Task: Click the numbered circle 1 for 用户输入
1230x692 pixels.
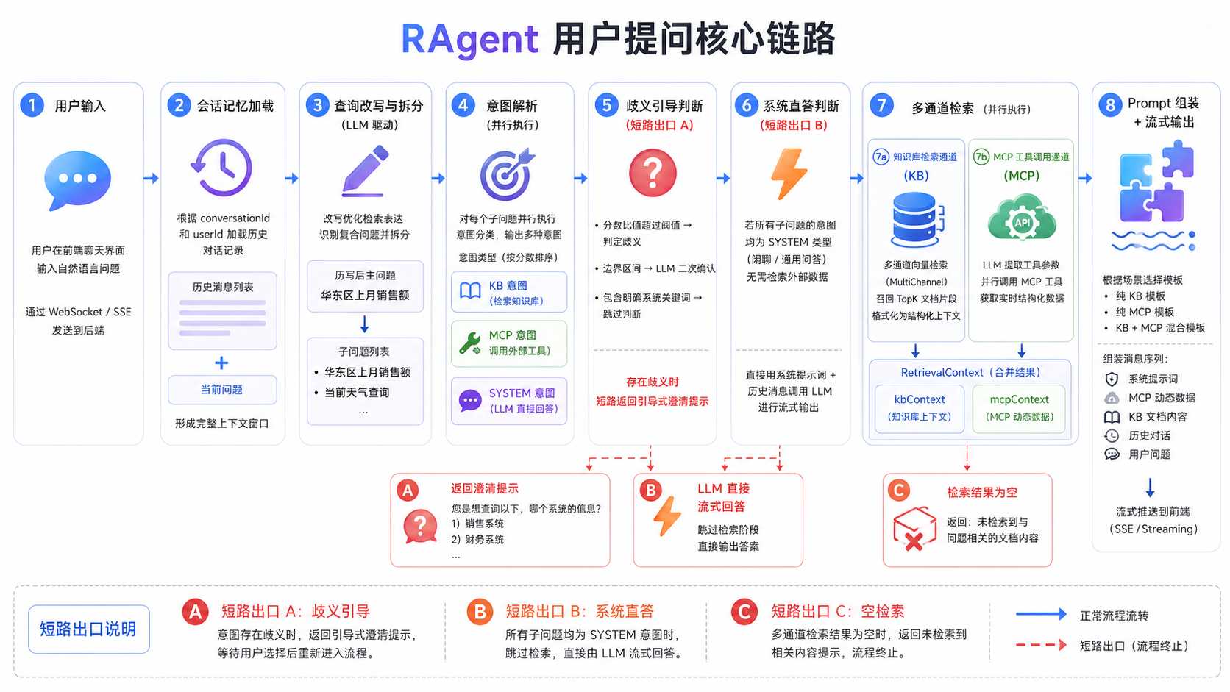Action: pos(32,105)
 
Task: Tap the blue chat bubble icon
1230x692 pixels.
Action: pos(77,180)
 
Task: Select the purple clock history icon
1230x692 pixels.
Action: pos(222,168)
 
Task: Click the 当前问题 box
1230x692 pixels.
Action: pos(222,390)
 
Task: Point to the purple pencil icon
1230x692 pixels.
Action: pos(365,171)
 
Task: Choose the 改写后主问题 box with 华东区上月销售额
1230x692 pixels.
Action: pos(365,287)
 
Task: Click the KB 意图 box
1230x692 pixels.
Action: pos(508,293)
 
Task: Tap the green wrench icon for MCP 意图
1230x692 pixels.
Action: pos(470,343)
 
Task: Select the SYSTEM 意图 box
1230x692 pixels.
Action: pos(508,401)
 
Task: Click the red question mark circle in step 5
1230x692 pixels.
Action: pos(653,173)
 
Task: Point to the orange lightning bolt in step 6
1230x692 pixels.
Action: pos(789,174)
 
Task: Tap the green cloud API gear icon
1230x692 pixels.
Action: pos(1021,218)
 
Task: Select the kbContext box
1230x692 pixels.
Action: pos(920,408)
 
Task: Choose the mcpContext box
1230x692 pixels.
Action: pos(1019,408)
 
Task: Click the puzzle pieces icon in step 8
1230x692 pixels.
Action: pos(1156,181)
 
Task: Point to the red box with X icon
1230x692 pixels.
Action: pos(915,529)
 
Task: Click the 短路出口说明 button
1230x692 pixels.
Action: pos(88,629)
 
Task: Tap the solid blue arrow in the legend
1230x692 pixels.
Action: pos(1041,614)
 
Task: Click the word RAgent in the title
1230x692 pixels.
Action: pos(469,39)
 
